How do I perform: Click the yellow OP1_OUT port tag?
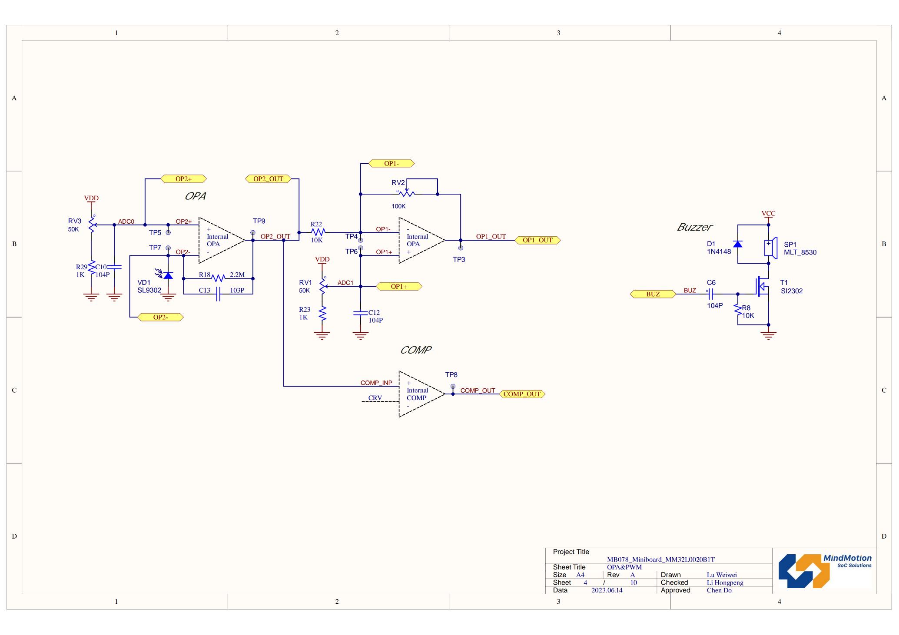pyautogui.click(x=537, y=240)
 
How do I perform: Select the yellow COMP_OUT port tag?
pyautogui.click(x=522, y=394)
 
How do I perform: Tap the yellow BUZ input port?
pyautogui.click(x=653, y=294)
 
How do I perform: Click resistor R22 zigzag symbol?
pyautogui.click(x=318, y=232)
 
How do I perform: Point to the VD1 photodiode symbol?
pyautogui.click(x=167, y=275)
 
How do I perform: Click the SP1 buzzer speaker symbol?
pyautogui.click(x=770, y=248)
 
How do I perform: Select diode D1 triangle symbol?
pyautogui.click(x=738, y=244)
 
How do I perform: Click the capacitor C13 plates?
pyautogui.click(x=218, y=294)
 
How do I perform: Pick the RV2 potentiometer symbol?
pyautogui.click(x=407, y=193)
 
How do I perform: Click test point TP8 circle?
pyautogui.click(x=453, y=386)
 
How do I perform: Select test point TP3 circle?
pyautogui.click(x=461, y=248)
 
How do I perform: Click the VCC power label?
pyautogui.click(x=768, y=214)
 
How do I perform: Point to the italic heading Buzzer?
pyautogui.click(x=694, y=227)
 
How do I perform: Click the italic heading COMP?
pyautogui.click(x=415, y=350)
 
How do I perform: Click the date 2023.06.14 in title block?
pyautogui.click(x=607, y=590)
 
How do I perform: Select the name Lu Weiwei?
pyautogui.click(x=722, y=575)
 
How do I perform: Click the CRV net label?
pyautogui.click(x=375, y=398)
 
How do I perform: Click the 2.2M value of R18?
pyautogui.click(x=237, y=275)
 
